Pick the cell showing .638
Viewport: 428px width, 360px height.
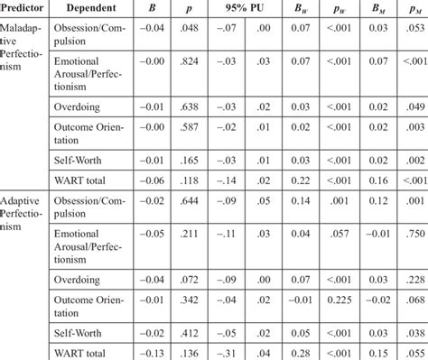tap(192, 106)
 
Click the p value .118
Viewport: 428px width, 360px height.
tap(192, 180)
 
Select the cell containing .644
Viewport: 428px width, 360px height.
tap(192, 203)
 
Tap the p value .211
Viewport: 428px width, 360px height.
tap(192, 235)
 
